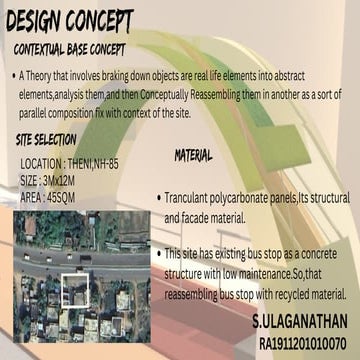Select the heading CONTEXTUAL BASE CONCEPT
85,48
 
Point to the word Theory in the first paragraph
47,76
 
